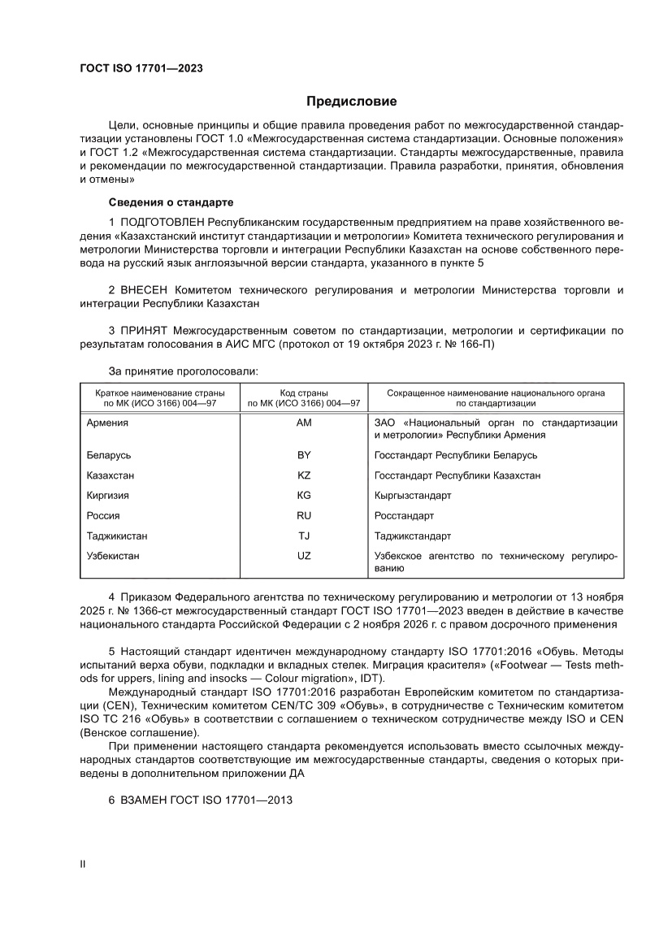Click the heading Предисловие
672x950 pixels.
(x=351, y=102)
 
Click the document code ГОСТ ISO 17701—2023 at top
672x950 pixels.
(x=141, y=68)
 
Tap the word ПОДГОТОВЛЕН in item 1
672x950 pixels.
(x=163, y=222)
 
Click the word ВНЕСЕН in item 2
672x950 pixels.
(x=149, y=290)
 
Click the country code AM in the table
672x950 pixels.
(x=305, y=423)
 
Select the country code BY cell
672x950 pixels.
(x=305, y=455)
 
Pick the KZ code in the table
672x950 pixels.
(x=305, y=475)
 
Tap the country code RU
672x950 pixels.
(x=305, y=516)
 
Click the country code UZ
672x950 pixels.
(x=305, y=556)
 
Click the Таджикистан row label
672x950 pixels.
(x=117, y=536)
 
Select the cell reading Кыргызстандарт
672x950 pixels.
(x=413, y=496)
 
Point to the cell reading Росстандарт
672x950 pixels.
(x=404, y=516)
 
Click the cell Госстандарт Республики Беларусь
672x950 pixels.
(x=455, y=455)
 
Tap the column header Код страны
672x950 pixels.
(x=305, y=393)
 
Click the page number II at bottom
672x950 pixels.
(x=82, y=865)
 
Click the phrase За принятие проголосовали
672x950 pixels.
(x=183, y=371)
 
